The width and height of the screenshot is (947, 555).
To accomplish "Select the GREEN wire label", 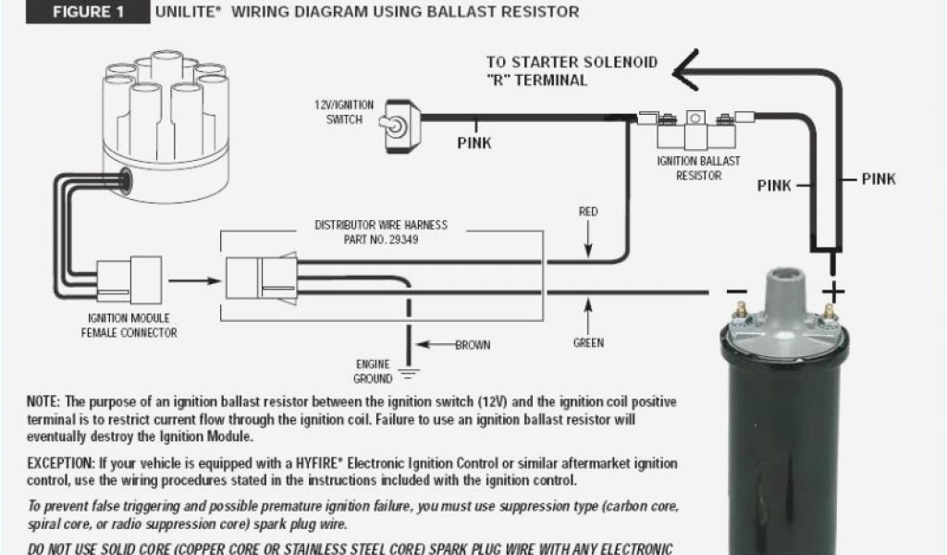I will point(588,343).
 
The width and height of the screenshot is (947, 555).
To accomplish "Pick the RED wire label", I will point(588,212).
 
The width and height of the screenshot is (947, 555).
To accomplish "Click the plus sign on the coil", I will point(834,293).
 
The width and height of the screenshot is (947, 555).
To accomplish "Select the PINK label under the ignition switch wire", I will point(474,143).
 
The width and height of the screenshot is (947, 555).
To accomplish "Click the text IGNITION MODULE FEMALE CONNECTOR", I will point(129,325).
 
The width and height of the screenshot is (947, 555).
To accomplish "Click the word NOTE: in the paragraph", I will point(44,402).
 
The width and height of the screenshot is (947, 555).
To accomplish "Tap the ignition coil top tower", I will point(785,277).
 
